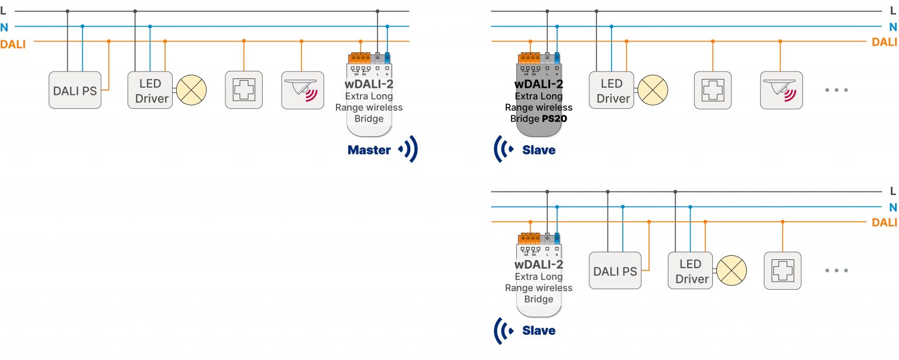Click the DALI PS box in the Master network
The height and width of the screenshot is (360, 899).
point(75,90)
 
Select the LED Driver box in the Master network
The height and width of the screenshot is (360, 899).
point(150,90)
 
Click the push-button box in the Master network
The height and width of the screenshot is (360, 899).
point(243,90)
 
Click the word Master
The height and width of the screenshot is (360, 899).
point(369,150)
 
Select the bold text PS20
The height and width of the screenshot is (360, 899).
point(555,119)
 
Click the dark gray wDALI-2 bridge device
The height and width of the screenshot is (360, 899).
point(538,94)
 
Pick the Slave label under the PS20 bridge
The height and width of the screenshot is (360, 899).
point(538,150)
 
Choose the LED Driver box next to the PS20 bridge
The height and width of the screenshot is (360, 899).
point(612,90)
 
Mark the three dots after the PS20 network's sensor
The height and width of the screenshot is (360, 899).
point(836,90)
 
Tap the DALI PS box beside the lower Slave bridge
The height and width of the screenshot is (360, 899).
point(615,271)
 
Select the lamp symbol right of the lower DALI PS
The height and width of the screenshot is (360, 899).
point(732,272)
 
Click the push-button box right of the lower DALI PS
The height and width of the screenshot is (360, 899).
point(783,270)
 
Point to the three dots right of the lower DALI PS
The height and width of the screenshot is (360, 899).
point(836,270)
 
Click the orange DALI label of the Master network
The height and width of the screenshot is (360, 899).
point(13,44)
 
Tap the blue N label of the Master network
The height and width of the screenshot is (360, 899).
point(5,27)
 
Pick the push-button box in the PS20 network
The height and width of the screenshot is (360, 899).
point(712,90)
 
